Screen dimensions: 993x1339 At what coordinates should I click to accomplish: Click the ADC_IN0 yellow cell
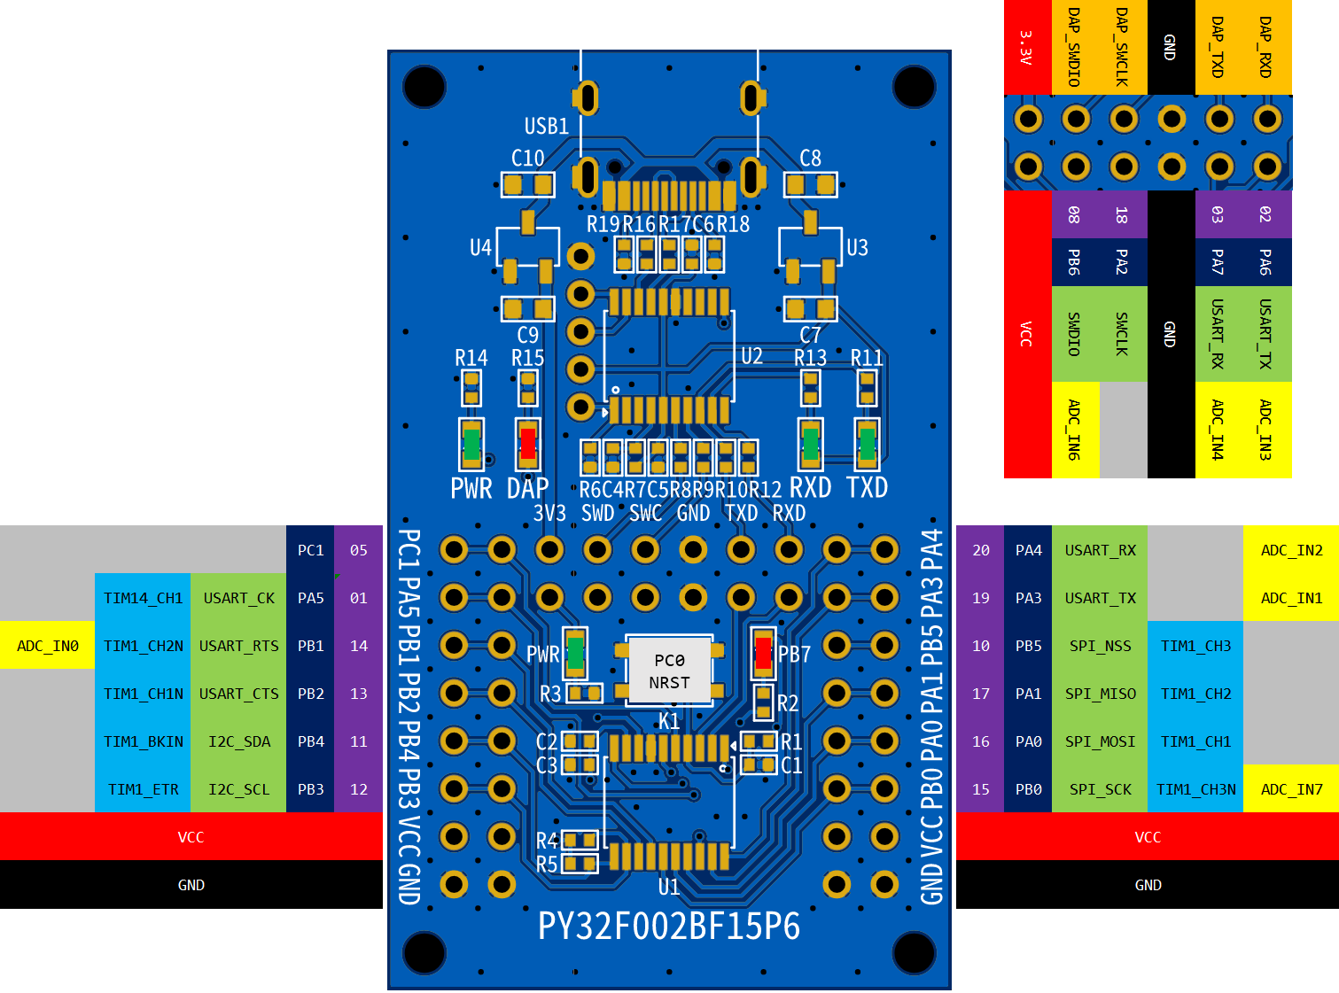click(x=48, y=646)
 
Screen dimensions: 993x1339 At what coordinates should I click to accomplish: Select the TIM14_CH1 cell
click(x=143, y=598)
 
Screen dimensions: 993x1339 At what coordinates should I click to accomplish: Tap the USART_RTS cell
click(x=238, y=646)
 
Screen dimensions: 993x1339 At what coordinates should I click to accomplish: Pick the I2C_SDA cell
click(x=238, y=741)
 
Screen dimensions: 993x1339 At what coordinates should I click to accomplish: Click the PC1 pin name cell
click(x=310, y=550)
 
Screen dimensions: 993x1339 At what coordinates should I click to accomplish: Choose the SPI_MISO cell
click(x=1100, y=694)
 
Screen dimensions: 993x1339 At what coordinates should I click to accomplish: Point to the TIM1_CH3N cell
click(x=1195, y=789)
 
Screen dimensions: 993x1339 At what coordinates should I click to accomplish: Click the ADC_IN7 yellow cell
click(x=1291, y=789)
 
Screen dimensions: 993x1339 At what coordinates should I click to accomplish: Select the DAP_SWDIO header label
click(x=1075, y=47)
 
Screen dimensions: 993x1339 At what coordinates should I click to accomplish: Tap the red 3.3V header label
click(x=1027, y=47)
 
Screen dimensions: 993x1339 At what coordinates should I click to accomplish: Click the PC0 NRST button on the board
click(x=669, y=671)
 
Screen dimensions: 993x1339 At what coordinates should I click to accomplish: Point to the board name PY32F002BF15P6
click(x=669, y=927)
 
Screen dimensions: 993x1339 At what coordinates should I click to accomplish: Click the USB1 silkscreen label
click(x=546, y=127)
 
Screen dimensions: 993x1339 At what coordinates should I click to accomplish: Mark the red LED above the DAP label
click(x=527, y=443)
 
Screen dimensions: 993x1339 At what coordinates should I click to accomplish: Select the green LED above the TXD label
click(x=867, y=443)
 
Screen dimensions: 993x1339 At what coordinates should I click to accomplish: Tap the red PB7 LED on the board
click(x=763, y=653)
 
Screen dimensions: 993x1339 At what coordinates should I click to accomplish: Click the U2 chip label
click(x=751, y=356)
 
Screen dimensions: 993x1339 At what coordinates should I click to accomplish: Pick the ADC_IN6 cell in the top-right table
click(x=1075, y=430)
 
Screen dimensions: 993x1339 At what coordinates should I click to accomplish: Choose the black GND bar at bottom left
click(x=191, y=885)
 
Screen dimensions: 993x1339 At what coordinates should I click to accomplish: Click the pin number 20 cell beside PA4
click(x=980, y=550)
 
